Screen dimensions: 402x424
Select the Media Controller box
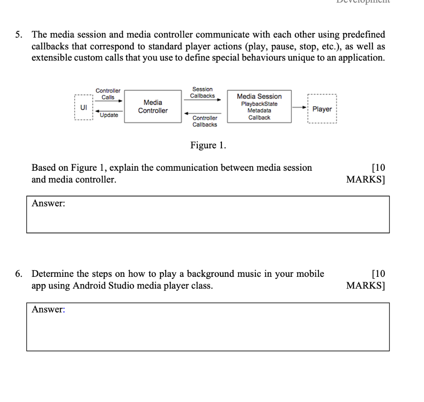coord(153,107)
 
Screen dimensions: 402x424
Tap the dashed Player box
coord(322,109)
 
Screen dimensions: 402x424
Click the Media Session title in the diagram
coord(259,96)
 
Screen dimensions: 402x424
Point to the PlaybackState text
coord(259,104)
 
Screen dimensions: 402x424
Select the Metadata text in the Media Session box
coord(259,111)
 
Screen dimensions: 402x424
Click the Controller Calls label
coord(108,94)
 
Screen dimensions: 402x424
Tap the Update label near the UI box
coord(108,115)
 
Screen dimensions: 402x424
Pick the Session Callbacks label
coord(202,92)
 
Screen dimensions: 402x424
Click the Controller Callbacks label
coord(205,121)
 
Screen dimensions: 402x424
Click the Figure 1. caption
coord(208,145)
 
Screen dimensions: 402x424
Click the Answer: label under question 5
coord(48,203)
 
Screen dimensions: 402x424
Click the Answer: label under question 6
coord(48,310)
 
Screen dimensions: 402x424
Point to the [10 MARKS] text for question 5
coord(366,174)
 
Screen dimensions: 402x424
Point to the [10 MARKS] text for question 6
coord(366,280)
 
